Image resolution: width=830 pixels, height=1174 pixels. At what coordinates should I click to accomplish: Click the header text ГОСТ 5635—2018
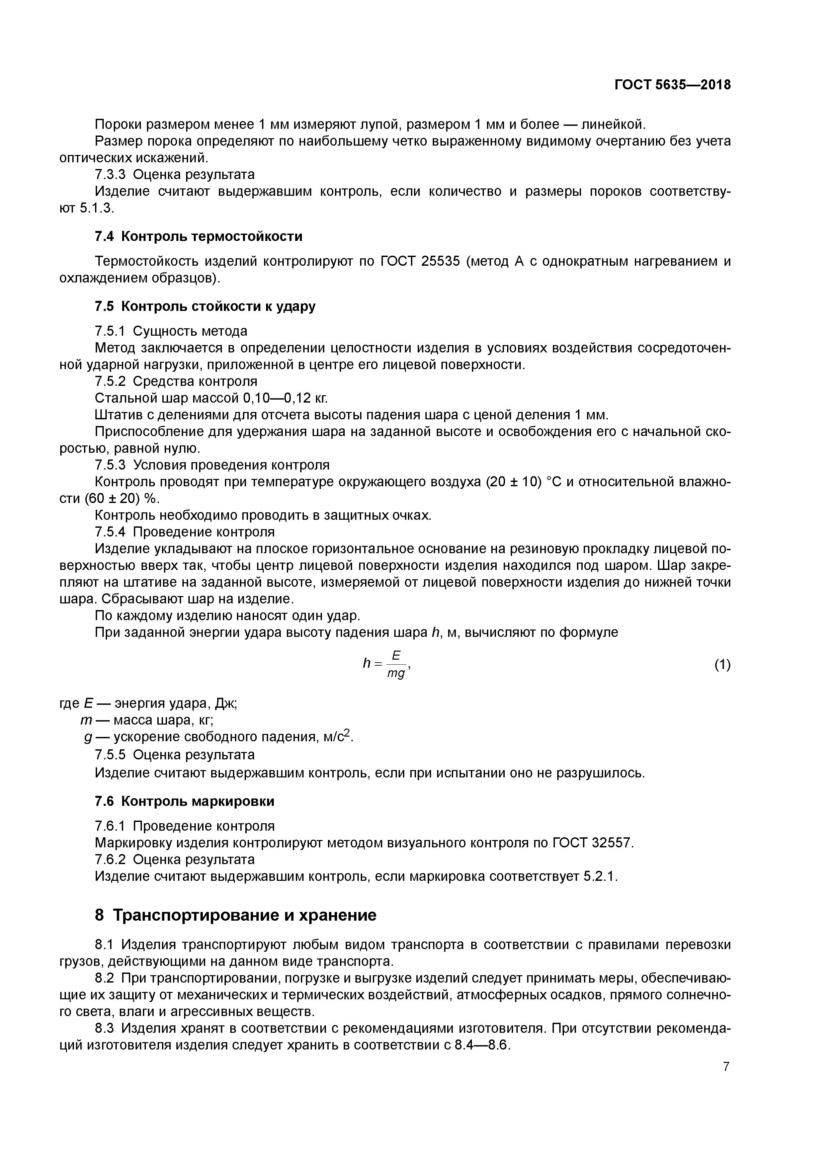(672, 85)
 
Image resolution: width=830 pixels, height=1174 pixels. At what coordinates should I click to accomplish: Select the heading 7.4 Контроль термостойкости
(198, 236)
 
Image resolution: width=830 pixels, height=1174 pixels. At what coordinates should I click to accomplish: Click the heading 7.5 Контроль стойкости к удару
(205, 306)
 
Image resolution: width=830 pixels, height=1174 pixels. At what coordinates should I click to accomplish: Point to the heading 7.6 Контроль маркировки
(185, 801)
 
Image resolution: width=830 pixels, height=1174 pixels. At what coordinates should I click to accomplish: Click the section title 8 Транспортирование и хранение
(236, 915)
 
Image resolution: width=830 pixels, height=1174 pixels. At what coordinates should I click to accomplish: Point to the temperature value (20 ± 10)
(513, 482)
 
